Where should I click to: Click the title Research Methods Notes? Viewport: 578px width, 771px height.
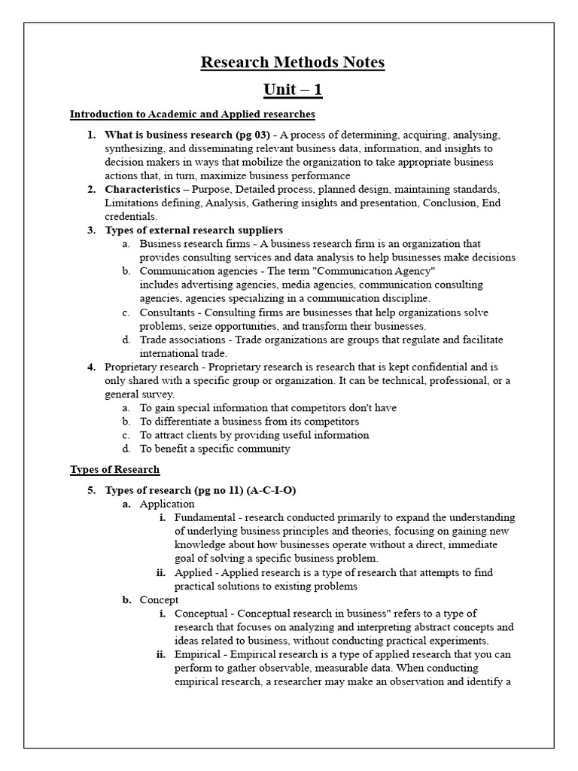click(292, 62)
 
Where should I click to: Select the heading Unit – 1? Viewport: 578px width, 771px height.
click(292, 90)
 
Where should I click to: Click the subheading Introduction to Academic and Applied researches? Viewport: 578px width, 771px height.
click(192, 114)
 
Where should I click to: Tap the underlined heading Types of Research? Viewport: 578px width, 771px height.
click(114, 470)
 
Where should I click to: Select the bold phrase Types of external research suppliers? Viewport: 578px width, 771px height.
click(193, 230)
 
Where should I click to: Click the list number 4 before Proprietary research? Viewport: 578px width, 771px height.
click(91, 367)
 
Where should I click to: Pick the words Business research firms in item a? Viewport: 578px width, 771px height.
click(181, 244)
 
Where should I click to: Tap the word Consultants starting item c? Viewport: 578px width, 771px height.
click(166, 312)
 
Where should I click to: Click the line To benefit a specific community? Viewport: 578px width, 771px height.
click(214, 449)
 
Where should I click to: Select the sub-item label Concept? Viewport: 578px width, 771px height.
click(159, 600)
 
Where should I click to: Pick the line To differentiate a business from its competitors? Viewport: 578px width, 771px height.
click(249, 422)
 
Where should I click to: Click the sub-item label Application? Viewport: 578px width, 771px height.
click(167, 504)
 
